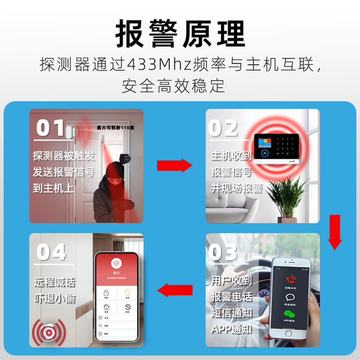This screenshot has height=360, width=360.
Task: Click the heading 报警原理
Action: click(180, 34)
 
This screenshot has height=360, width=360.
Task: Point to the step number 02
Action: click(223, 129)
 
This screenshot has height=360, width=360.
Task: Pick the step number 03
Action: click(223, 254)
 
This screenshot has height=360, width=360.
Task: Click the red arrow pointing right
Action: click(174, 165)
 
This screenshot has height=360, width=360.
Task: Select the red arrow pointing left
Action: click(174, 290)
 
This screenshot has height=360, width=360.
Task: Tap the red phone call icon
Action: click(292, 279)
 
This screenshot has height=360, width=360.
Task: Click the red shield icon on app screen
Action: click(116, 263)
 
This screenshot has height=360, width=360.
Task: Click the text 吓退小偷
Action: click(55, 298)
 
